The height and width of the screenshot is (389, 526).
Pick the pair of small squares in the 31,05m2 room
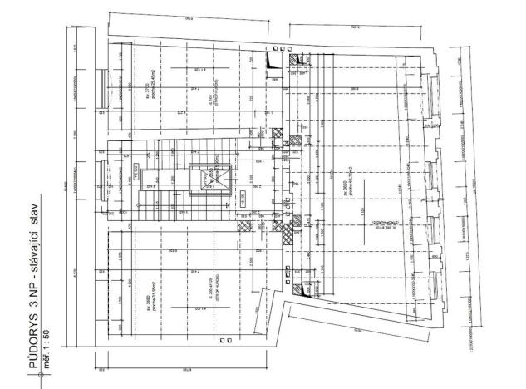click(224, 341)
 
